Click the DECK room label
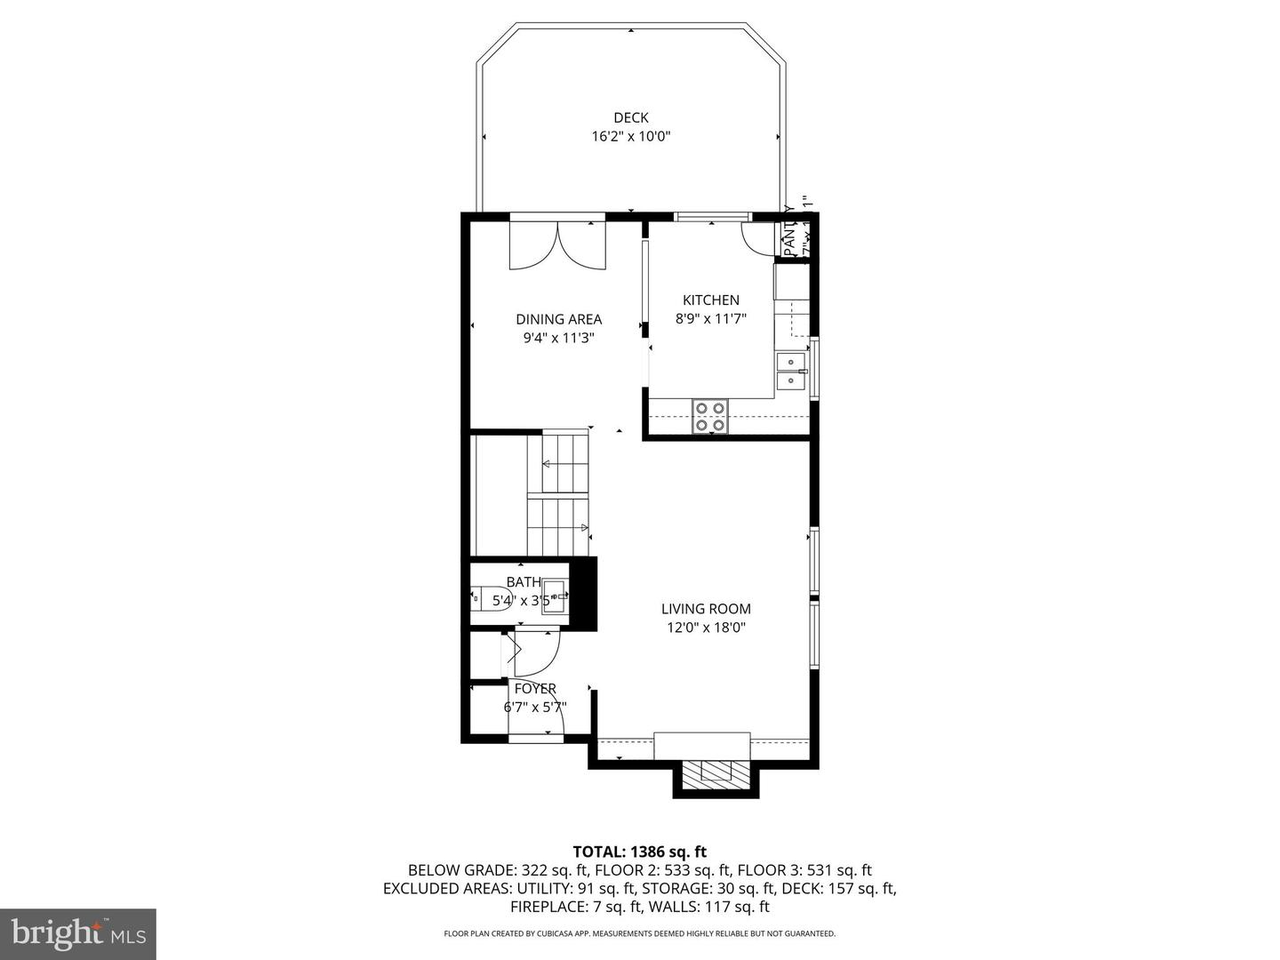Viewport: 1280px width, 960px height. coord(630,117)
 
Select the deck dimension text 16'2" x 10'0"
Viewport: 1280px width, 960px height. coord(630,137)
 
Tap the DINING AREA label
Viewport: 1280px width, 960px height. coord(558,319)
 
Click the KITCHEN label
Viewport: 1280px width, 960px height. coord(710,300)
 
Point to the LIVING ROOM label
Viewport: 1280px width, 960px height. coord(706,609)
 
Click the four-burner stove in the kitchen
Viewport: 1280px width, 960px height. coord(710,416)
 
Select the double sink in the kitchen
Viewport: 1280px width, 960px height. coord(790,371)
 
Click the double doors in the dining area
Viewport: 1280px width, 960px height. coord(557,245)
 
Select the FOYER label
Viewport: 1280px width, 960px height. coord(535,689)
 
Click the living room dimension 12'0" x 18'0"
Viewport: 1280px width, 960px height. coord(706,628)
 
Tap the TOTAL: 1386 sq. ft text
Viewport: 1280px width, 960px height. coord(639,852)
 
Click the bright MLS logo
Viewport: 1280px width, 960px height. coord(78,933)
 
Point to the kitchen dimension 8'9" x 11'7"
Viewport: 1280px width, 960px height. coord(710,318)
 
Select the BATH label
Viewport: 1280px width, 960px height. coord(524,582)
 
